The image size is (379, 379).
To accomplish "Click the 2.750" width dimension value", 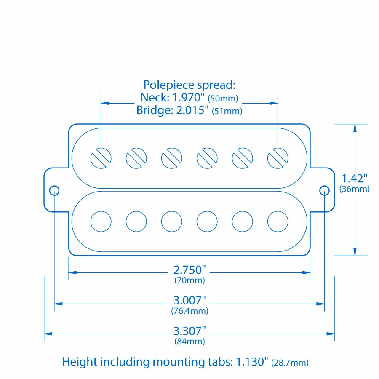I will (189, 270).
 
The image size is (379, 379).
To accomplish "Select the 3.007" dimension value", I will (189, 301).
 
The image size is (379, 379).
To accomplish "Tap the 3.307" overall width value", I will (189, 331).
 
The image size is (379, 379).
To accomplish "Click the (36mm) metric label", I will (355, 189).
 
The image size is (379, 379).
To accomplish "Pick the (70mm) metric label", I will (189, 280).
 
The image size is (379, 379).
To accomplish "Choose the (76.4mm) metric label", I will (189, 311).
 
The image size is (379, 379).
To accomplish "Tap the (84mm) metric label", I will (189, 342).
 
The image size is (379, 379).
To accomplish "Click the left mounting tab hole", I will (54, 190).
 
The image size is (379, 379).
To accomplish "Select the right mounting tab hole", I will (324, 190).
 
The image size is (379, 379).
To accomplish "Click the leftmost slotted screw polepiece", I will (101, 158).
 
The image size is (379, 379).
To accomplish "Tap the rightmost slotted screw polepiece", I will (278, 158).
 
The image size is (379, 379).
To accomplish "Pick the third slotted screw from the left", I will (172, 158).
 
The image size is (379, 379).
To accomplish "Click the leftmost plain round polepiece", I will (101, 221).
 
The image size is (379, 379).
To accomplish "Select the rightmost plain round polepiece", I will (278, 221).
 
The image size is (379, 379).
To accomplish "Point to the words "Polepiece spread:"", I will (189, 85).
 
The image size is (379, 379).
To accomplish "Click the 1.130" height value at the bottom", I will (252, 362).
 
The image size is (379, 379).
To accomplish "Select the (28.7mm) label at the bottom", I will (290, 363).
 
